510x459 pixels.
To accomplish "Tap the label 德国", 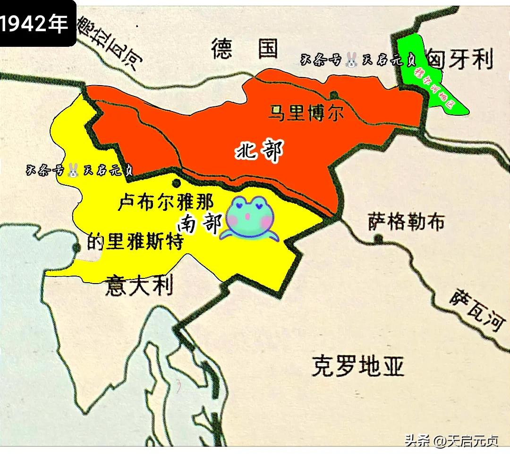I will pos(244,49).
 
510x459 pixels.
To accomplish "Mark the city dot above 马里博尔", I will pos(334,94).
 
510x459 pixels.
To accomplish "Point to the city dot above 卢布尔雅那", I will pos(177,183).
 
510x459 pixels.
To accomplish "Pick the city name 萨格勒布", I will pos(406,221).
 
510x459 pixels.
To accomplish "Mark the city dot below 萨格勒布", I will pos(377,239).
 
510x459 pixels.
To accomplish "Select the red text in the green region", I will pos(433,88).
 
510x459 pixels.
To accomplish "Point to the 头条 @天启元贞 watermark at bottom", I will pos(451,442).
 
